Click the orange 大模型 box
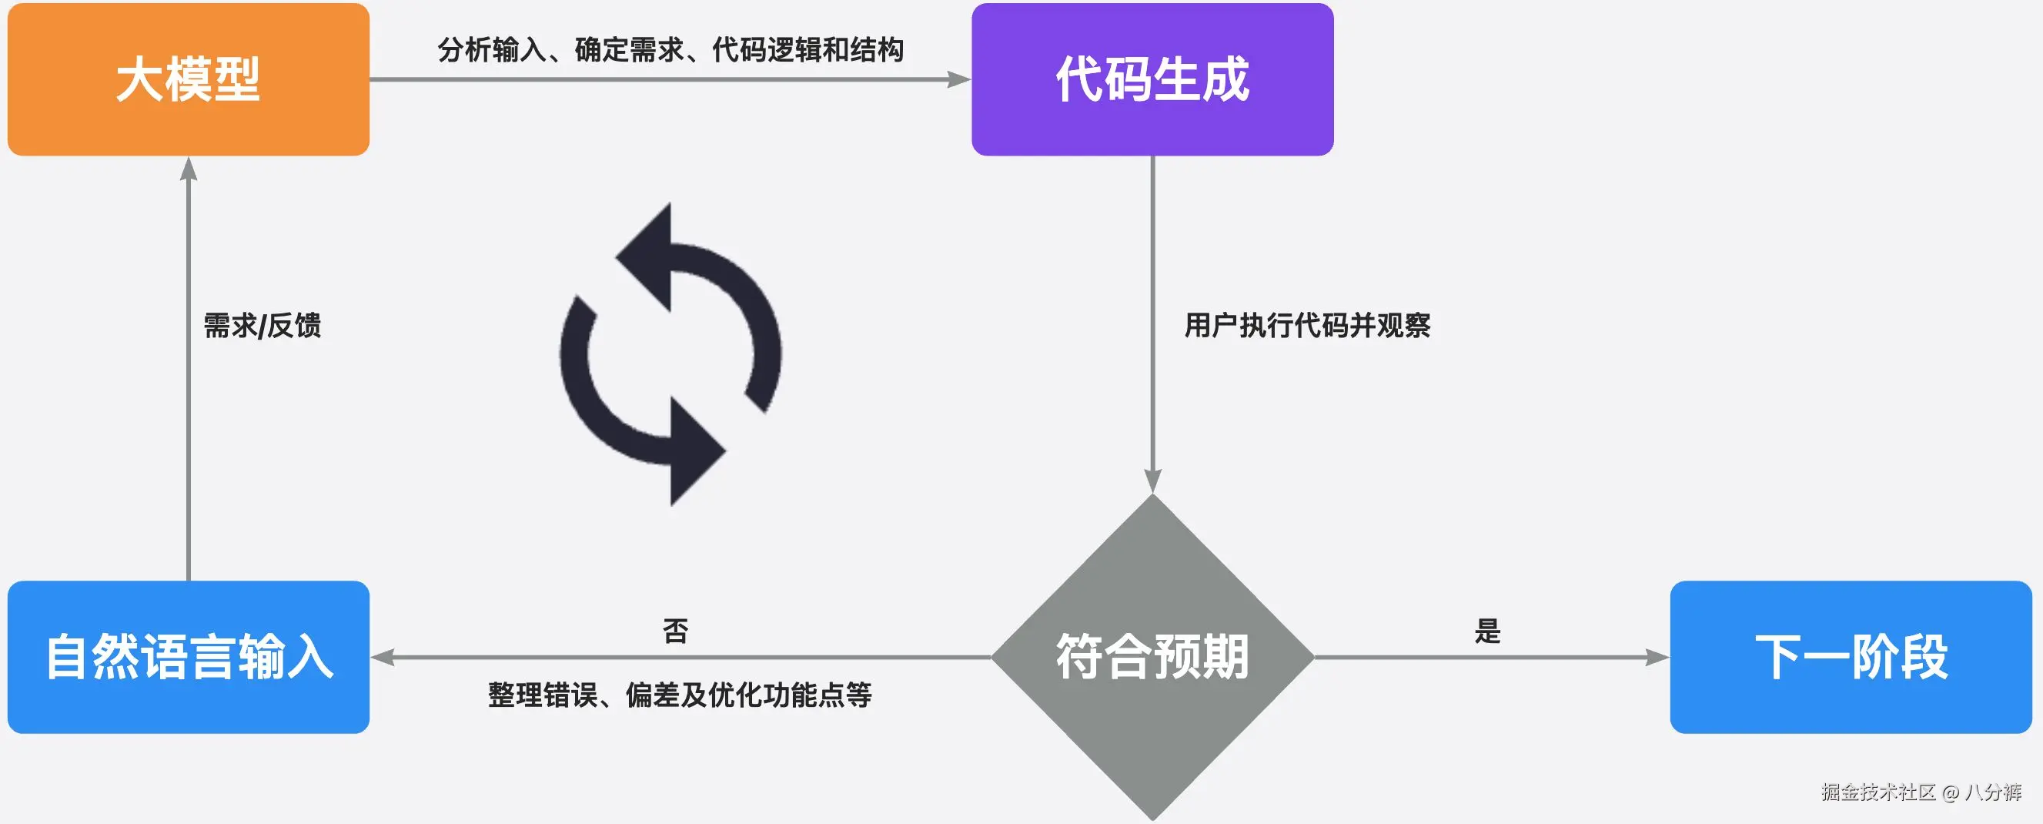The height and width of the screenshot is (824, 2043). pos(188,79)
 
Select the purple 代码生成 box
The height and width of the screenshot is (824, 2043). pos(1152,79)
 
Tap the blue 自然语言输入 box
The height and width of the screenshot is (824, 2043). pos(188,657)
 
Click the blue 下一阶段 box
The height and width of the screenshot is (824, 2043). pos(1851,657)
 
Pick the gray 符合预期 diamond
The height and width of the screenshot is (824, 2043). pos(1152,657)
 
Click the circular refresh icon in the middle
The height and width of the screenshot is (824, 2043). pos(671,353)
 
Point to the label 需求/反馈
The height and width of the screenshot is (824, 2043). pos(262,325)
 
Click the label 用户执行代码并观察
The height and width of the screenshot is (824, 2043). pos(1307,325)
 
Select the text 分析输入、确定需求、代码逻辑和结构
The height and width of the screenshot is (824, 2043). pos(670,49)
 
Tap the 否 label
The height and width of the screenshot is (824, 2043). pos(676,631)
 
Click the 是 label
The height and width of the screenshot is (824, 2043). pos(1487,631)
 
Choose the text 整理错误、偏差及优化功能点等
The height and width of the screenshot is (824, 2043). pos(680,695)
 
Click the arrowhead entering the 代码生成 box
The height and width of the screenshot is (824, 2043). pos(959,79)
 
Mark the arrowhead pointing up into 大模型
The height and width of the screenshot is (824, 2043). pos(188,169)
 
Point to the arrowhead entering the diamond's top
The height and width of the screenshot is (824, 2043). pos(1152,481)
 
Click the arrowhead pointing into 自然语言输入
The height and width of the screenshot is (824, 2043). pos(383,657)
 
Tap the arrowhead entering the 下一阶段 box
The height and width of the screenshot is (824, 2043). pos(1657,657)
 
